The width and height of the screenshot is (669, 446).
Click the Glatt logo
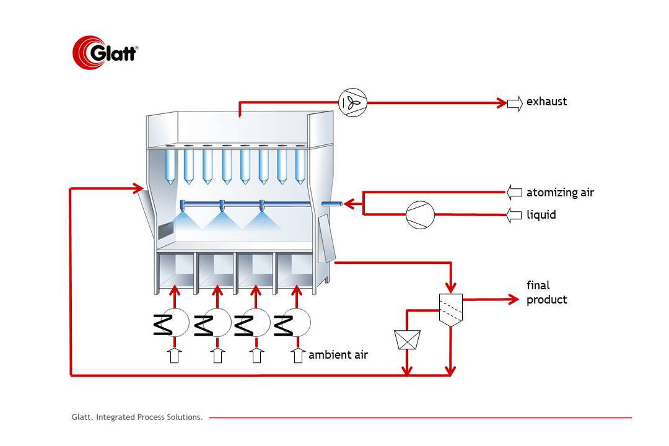105,51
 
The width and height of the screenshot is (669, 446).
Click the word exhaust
546,102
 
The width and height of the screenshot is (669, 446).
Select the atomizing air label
560,192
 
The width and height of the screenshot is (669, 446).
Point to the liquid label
541,215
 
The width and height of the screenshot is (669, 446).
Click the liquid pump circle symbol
420,215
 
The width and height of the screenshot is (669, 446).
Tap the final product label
546,292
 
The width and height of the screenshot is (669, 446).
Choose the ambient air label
338,355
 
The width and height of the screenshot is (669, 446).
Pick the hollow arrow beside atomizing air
515,192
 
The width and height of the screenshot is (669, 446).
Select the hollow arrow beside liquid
515,215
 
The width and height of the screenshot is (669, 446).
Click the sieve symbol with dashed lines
450,308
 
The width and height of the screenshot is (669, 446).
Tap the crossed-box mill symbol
407,338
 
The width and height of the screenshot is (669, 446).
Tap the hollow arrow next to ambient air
298,356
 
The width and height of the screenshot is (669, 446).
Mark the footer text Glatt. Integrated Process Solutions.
137,418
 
